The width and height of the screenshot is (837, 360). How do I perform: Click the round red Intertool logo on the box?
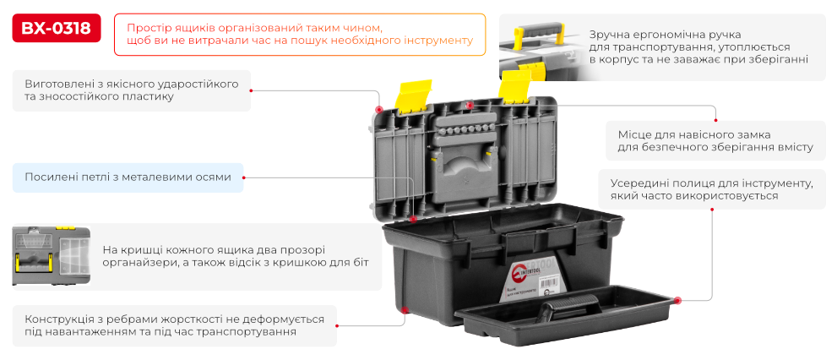[519, 275]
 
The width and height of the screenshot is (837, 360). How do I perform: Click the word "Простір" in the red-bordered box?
[149, 28]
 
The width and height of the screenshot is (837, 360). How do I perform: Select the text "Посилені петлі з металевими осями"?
[128, 177]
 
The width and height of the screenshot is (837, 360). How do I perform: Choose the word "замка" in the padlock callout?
[750, 134]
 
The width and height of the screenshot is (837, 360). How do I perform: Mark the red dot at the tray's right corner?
[677, 300]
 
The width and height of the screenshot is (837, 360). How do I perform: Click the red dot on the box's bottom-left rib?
[405, 311]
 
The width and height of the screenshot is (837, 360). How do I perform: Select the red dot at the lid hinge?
[412, 219]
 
